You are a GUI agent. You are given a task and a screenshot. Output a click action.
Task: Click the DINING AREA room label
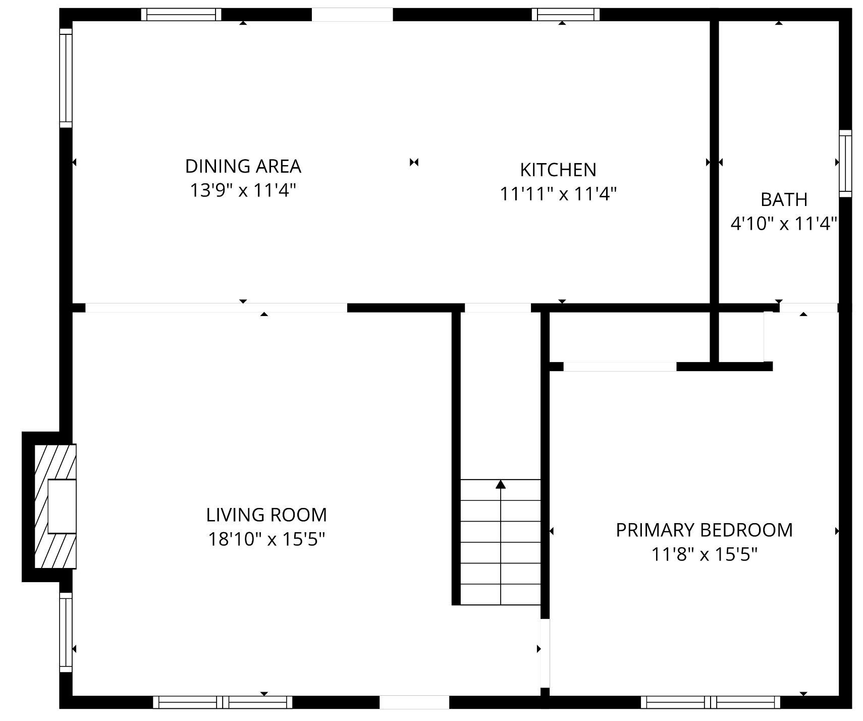click(243, 166)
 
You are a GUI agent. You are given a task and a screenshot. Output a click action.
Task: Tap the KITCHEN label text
click(558, 170)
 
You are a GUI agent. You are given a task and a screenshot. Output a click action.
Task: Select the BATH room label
click(783, 200)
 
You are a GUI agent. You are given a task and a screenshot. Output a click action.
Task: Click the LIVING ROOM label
click(266, 515)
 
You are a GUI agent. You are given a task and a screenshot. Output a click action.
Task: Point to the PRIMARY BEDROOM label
click(704, 530)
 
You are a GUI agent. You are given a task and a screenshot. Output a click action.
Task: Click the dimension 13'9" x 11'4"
click(243, 191)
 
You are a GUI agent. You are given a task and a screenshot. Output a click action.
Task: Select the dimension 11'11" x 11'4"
click(558, 194)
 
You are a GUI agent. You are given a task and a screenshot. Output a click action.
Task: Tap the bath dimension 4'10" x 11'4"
click(783, 224)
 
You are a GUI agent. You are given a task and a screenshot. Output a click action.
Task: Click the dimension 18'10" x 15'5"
click(266, 540)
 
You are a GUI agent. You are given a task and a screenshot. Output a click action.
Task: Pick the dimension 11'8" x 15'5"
click(704, 555)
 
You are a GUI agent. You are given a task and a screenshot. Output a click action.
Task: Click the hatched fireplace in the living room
click(55, 506)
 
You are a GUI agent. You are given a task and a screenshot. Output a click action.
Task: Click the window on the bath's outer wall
click(845, 163)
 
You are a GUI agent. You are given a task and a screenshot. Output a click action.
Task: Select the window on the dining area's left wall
click(66, 78)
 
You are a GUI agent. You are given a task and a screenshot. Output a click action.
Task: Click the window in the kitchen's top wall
click(565, 15)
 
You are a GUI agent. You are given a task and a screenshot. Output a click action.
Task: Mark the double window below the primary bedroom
click(711, 702)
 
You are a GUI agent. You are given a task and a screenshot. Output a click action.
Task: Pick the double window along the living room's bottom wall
click(223, 702)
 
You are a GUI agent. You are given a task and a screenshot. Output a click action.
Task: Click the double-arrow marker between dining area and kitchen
click(414, 162)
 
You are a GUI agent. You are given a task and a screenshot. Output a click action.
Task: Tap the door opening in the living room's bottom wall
click(414, 702)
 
